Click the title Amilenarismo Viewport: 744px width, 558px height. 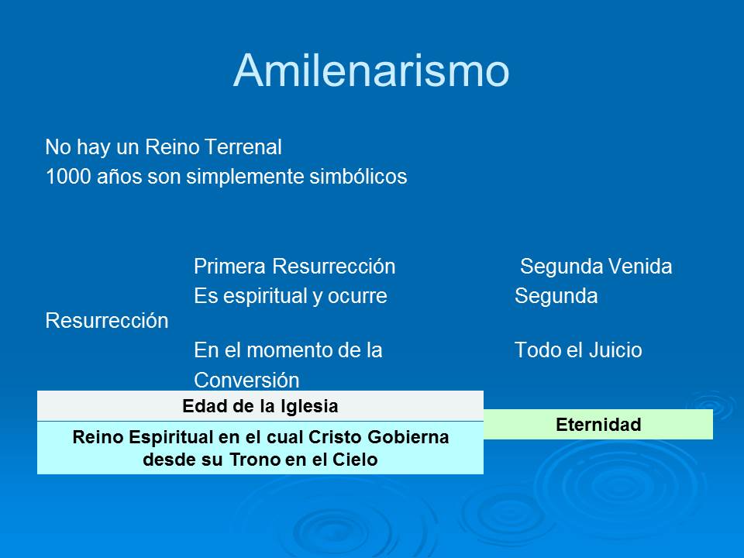pos(371,71)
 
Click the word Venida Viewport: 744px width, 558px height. pos(640,266)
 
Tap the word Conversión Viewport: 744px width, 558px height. pos(246,380)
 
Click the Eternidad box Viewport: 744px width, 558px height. pos(598,424)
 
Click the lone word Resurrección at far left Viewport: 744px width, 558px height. pos(107,321)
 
